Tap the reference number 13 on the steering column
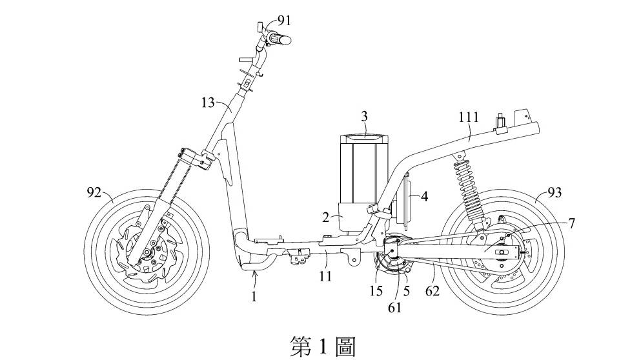tap(208, 103)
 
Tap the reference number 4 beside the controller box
tap(570, 223)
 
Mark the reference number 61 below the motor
tap(394, 308)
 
